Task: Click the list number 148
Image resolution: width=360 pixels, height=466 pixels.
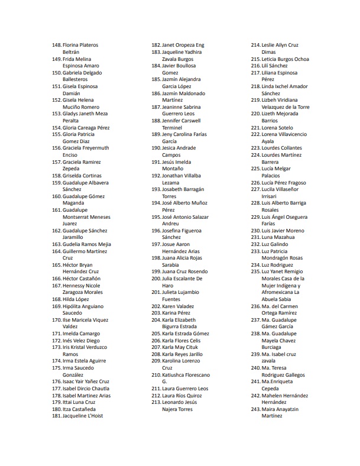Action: pyautogui.click(x=56, y=45)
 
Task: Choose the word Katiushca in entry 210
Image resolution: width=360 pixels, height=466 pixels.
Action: pyautogui.click(x=175, y=374)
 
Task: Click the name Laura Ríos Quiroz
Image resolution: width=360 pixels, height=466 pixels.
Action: pyautogui.click(x=184, y=395)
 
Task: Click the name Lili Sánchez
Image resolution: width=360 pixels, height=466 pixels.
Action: pyautogui.click(x=274, y=66)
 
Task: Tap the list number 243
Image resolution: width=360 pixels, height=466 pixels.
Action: pyautogui.click(x=255, y=409)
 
